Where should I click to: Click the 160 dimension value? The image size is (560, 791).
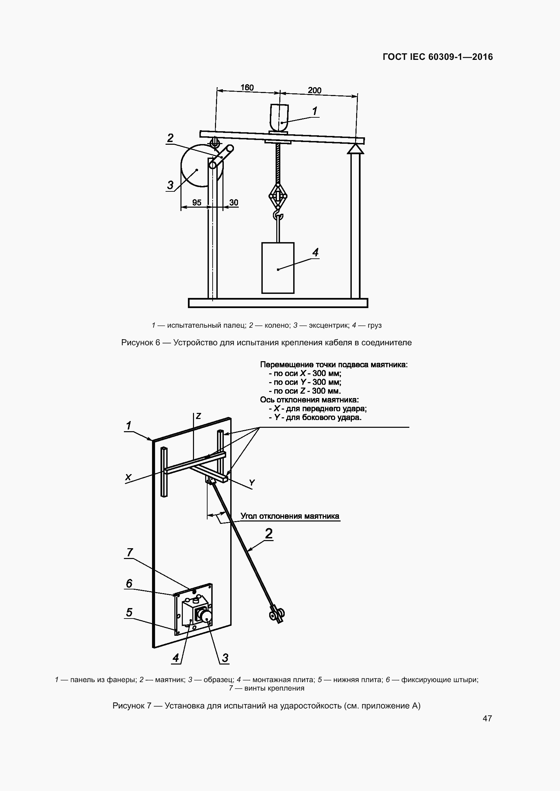[x=247, y=88]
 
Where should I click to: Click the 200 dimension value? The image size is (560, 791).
[x=315, y=90]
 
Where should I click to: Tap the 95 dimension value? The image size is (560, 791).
[x=197, y=203]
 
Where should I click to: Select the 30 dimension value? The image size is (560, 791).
[x=234, y=203]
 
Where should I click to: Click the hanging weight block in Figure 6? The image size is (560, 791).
[x=278, y=268]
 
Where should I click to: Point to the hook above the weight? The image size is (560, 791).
[x=278, y=215]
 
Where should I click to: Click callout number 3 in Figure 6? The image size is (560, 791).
[x=170, y=185]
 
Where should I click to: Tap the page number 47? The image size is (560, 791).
[x=487, y=718]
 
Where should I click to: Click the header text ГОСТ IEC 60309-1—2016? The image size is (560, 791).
[x=438, y=57]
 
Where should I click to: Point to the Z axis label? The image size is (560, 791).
[x=198, y=416]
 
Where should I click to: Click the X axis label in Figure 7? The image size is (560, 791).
[x=128, y=477]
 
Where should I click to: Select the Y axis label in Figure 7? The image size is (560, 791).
[x=252, y=483]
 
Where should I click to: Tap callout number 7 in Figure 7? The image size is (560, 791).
[x=130, y=562]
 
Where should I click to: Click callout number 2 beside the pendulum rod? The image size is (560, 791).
[x=268, y=534]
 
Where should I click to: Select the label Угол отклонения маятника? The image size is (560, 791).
[x=290, y=516]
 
